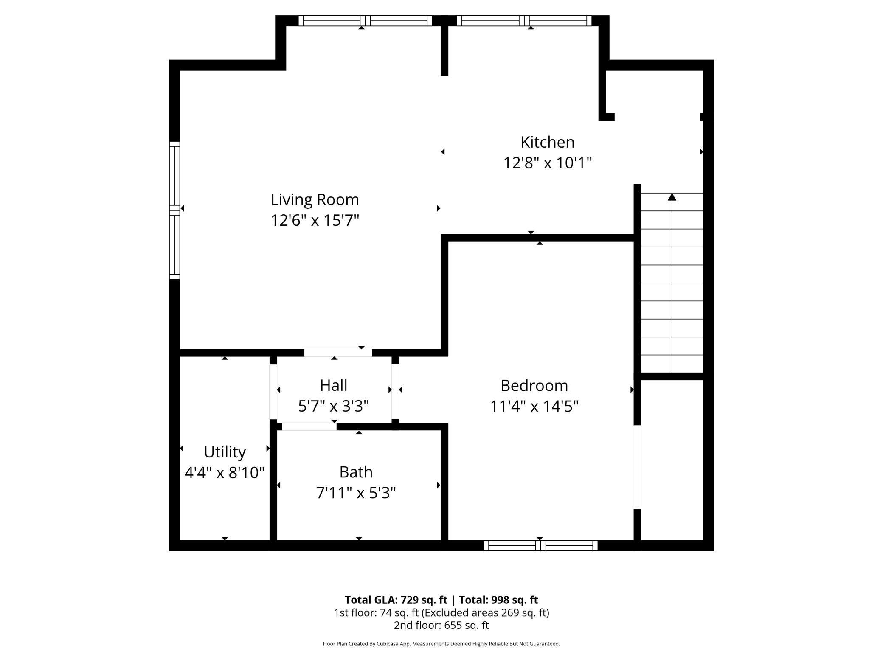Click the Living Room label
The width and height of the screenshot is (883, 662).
point(315,199)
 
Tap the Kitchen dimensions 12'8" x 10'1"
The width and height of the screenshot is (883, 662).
point(547,163)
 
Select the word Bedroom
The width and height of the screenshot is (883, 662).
point(534,385)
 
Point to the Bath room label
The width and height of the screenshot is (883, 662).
point(356,472)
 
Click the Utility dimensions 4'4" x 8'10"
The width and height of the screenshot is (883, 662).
point(225,472)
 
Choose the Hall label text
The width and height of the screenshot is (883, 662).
point(334,385)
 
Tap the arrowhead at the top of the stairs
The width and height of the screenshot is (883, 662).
point(672,197)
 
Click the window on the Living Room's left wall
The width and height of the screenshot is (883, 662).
point(174,210)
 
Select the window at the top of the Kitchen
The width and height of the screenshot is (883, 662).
point(524,20)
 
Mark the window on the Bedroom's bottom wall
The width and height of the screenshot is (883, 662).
point(540,545)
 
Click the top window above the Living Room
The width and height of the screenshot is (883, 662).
point(365,20)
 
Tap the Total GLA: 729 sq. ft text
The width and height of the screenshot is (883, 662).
point(396,600)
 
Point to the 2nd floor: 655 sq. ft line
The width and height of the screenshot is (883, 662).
point(441,625)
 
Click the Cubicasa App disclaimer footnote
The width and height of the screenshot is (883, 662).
point(441,644)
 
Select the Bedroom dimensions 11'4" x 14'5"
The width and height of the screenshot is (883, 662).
point(534,406)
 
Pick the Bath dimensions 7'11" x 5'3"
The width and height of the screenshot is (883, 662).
point(356,493)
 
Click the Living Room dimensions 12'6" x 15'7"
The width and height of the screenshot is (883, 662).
point(315,220)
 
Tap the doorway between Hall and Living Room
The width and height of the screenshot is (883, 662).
point(338,353)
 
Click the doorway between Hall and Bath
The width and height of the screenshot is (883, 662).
point(309,426)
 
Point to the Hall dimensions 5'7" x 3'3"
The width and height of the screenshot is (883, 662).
point(334,406)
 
